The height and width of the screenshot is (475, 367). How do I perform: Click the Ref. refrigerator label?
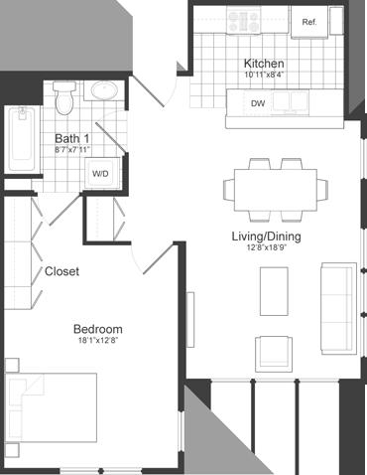tap(308, 22)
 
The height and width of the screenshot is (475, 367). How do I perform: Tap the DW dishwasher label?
tap(258, 102)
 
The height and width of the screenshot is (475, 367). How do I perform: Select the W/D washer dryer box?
tap(101, 173)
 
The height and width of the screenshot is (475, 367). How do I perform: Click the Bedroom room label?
tap(97, 329)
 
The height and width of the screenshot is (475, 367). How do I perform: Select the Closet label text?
tap(61, 270)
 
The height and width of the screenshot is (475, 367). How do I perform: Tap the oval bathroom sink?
tap(103, 93)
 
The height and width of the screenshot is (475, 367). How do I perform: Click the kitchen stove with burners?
tap(243, 22)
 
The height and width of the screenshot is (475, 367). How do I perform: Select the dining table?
tap(275, 186)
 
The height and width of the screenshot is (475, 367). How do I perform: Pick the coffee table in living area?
tap(274, 295)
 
